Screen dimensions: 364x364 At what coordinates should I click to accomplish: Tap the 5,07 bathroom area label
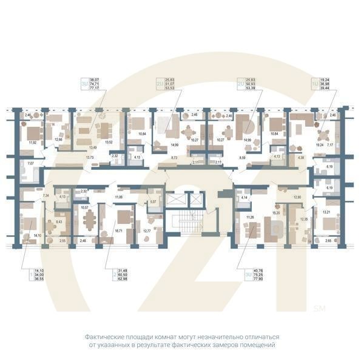pos(153,201)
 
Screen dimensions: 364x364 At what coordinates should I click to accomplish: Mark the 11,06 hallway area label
pos(119,197)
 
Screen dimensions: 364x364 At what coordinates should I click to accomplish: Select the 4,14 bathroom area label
pos(244,198)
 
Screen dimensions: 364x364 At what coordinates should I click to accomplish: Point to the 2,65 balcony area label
pos(328,241)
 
